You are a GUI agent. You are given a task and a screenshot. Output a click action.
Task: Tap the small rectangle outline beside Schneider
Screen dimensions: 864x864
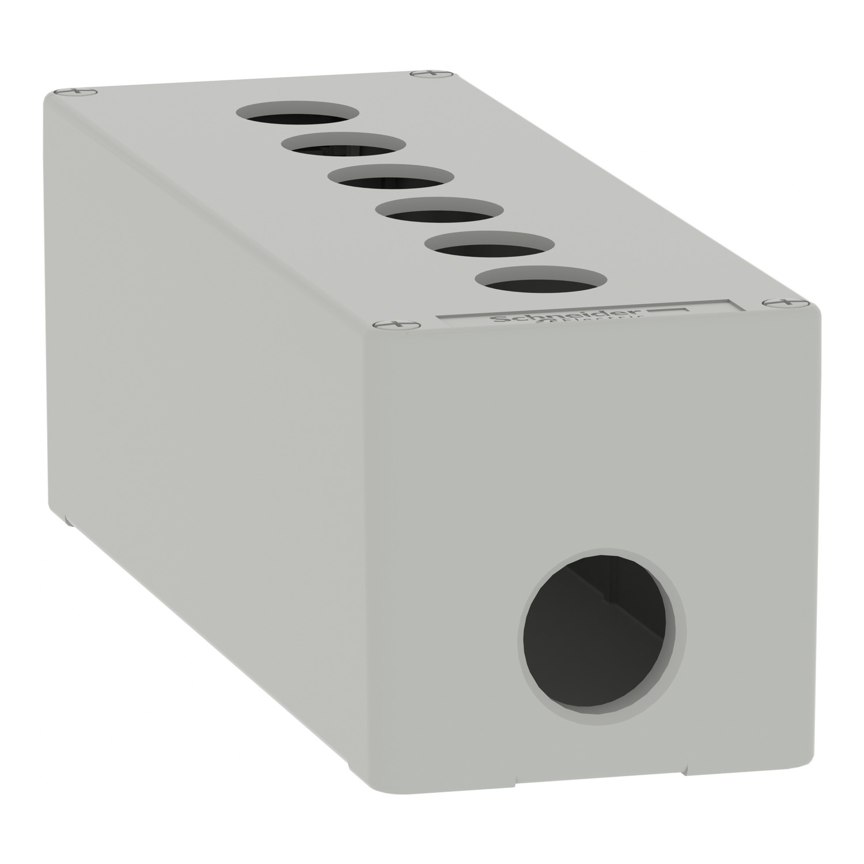pos(668,310)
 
